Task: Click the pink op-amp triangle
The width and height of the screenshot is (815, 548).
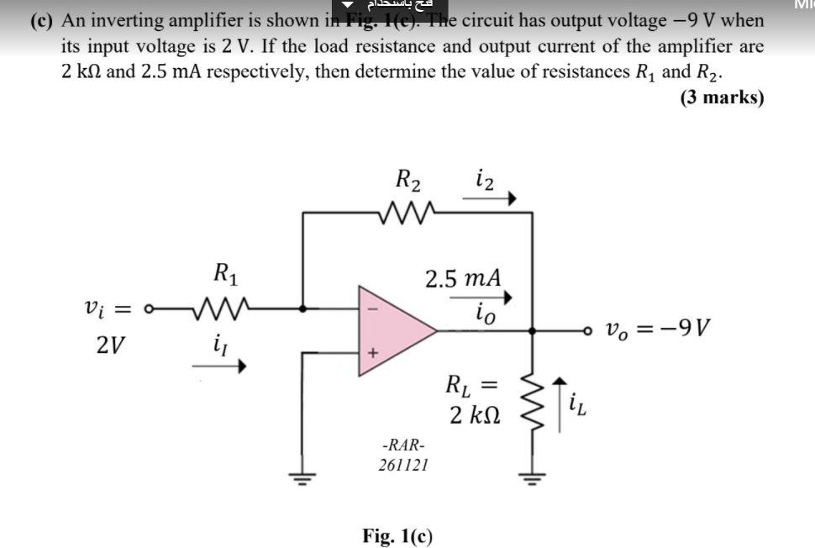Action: pos(391,329)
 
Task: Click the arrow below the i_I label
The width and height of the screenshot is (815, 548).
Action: pos(219,366)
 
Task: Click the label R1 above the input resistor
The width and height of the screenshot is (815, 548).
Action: pos(223,272)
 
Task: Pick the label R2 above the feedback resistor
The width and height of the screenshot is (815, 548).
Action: pos(408,180)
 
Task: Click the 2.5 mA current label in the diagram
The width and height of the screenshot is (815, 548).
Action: pos(464,277)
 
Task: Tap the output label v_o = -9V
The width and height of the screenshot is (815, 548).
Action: pos(659,327)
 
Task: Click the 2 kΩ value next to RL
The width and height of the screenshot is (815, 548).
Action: pos(475,414)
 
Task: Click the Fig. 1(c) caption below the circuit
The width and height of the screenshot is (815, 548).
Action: pos(397,535)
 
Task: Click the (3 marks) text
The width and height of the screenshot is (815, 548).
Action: pos(722,97)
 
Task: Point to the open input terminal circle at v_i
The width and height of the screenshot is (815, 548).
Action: pos(149,308)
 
